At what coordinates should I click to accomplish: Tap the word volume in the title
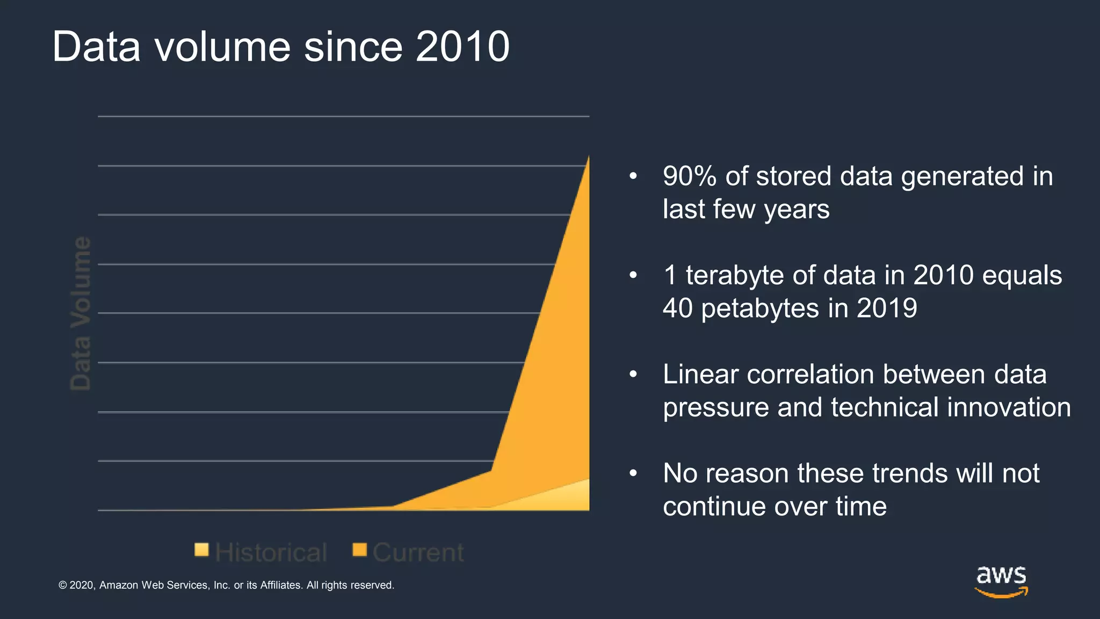click(x=223, y=47)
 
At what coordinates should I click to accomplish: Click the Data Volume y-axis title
click(x=81, y=313)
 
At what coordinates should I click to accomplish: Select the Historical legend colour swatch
click(x=201, y=550)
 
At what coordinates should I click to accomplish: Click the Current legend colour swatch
click(x=359, y=550)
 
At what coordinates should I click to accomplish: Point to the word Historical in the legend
click(x=271, y=552)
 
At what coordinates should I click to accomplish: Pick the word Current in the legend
click(x=418, y=552)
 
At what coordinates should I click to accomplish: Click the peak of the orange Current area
click(x=588, y=159)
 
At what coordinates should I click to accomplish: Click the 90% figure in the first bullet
click(x=689, y=176)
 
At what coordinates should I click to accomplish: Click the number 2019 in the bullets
click(x=887, y=308)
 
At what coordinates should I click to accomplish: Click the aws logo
click(x=1001, y=580)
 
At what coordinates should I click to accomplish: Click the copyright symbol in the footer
click(x=63, y=585)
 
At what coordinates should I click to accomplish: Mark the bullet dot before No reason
click(x=633, y=473)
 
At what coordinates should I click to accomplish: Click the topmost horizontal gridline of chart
click(x=344, y=116)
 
